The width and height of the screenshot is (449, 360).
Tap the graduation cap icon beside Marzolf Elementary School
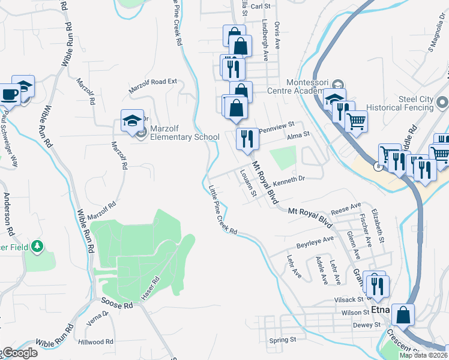point(132,121)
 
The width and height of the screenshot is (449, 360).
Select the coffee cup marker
point(10,94)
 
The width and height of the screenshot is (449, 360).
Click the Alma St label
point(298,136)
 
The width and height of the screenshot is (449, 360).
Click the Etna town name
point(381,310)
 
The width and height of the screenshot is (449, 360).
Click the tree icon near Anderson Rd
point(38,246)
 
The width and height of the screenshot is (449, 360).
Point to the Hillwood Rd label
point(95,341)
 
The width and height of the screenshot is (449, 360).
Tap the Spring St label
point(283,340)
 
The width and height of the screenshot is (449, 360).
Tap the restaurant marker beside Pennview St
point(247,139)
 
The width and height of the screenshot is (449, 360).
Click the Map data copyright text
point(423,355)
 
